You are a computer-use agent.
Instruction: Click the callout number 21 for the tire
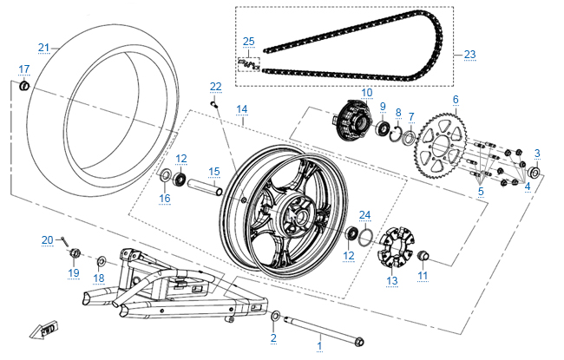coord(43,47)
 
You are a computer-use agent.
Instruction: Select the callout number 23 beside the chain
coord(469,55)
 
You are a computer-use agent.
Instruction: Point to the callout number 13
coord(391,280)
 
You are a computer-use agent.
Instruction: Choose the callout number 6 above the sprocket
coord(455,99)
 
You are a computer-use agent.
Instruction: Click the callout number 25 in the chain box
coord(248,42)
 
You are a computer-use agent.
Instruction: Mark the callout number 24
coord(365,214)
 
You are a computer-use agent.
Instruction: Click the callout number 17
coord(23,69)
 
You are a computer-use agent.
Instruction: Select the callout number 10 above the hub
coord(366,92)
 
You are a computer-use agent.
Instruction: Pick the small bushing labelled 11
coord(424,255)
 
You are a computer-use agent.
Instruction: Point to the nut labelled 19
coord(75,253)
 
